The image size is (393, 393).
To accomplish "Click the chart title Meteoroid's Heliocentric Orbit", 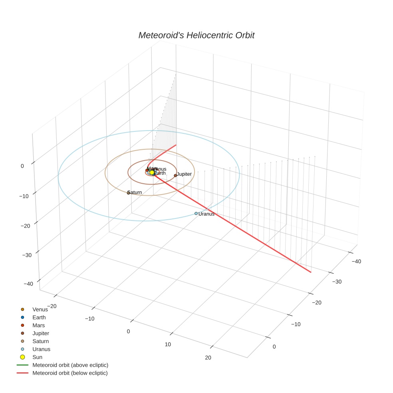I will tap(196, 36).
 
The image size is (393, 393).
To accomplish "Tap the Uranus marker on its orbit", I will tap(196, 214).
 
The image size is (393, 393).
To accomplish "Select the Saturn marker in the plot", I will tap(129, 193).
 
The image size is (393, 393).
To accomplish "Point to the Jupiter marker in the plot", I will tap(175, 175).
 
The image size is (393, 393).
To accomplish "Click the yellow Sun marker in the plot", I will tap(152, 173).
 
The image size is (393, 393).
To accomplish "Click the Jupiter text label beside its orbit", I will tap(184, 174).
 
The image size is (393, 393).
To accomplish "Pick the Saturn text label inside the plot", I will tap(135, 193).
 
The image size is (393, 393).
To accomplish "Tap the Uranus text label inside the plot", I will tap(206, 214).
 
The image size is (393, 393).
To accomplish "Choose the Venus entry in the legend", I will tap(40, 310).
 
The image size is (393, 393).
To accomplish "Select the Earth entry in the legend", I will tap(39, 318).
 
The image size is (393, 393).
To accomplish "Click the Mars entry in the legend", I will tap(39, 326).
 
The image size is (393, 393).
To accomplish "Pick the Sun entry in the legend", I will tap(38, 357).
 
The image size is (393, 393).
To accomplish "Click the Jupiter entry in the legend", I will tap(41, 333).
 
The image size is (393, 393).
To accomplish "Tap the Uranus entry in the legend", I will tap(41, 349).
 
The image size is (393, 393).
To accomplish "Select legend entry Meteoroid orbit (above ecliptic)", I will tap(70, 365).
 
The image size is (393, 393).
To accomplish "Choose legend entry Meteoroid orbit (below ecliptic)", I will tap(70, 373).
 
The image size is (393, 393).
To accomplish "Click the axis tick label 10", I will tap(168, 345).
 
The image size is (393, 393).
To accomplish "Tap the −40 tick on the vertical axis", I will tap(28, 284).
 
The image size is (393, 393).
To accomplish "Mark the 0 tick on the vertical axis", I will tap(22, 166).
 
